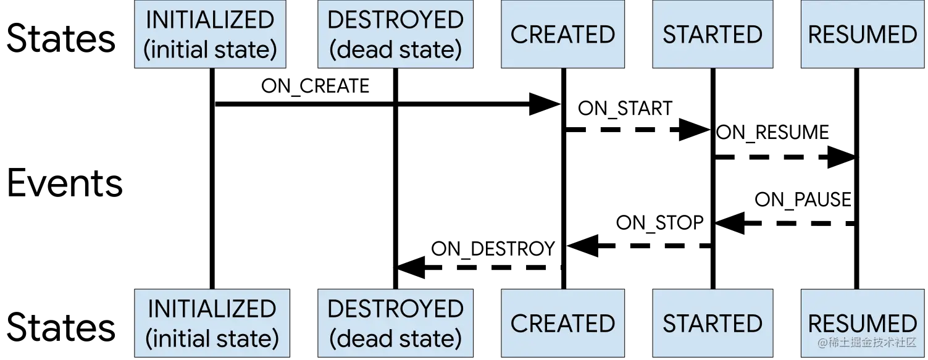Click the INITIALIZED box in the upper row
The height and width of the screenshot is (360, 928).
210,34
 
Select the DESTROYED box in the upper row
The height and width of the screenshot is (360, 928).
395,34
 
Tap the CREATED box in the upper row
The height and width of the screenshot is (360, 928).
562,34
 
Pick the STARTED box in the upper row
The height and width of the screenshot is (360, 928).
713,34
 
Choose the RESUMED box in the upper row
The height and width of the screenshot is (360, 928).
863,34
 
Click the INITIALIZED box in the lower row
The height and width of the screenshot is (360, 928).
212,323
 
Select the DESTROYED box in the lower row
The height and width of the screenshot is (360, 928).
395,323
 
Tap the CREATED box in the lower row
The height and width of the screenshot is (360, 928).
562,323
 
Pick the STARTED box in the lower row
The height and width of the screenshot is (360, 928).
713,323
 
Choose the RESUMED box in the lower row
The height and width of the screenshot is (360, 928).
863,315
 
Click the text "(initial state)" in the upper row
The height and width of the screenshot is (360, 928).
210,50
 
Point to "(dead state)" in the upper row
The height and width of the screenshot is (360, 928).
395,50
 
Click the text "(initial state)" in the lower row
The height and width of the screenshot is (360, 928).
212,339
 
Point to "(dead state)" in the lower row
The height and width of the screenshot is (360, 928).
395,339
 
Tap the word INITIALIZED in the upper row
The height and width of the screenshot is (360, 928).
210,20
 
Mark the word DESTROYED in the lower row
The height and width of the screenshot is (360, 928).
395,309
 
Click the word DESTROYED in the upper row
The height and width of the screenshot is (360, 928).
395,20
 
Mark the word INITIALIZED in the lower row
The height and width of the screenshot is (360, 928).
212,309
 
